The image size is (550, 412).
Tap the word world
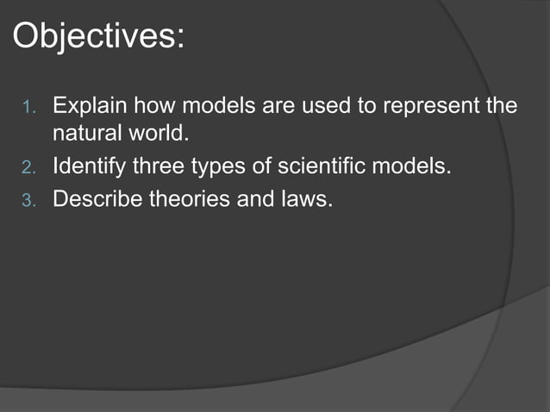point(158,135)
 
